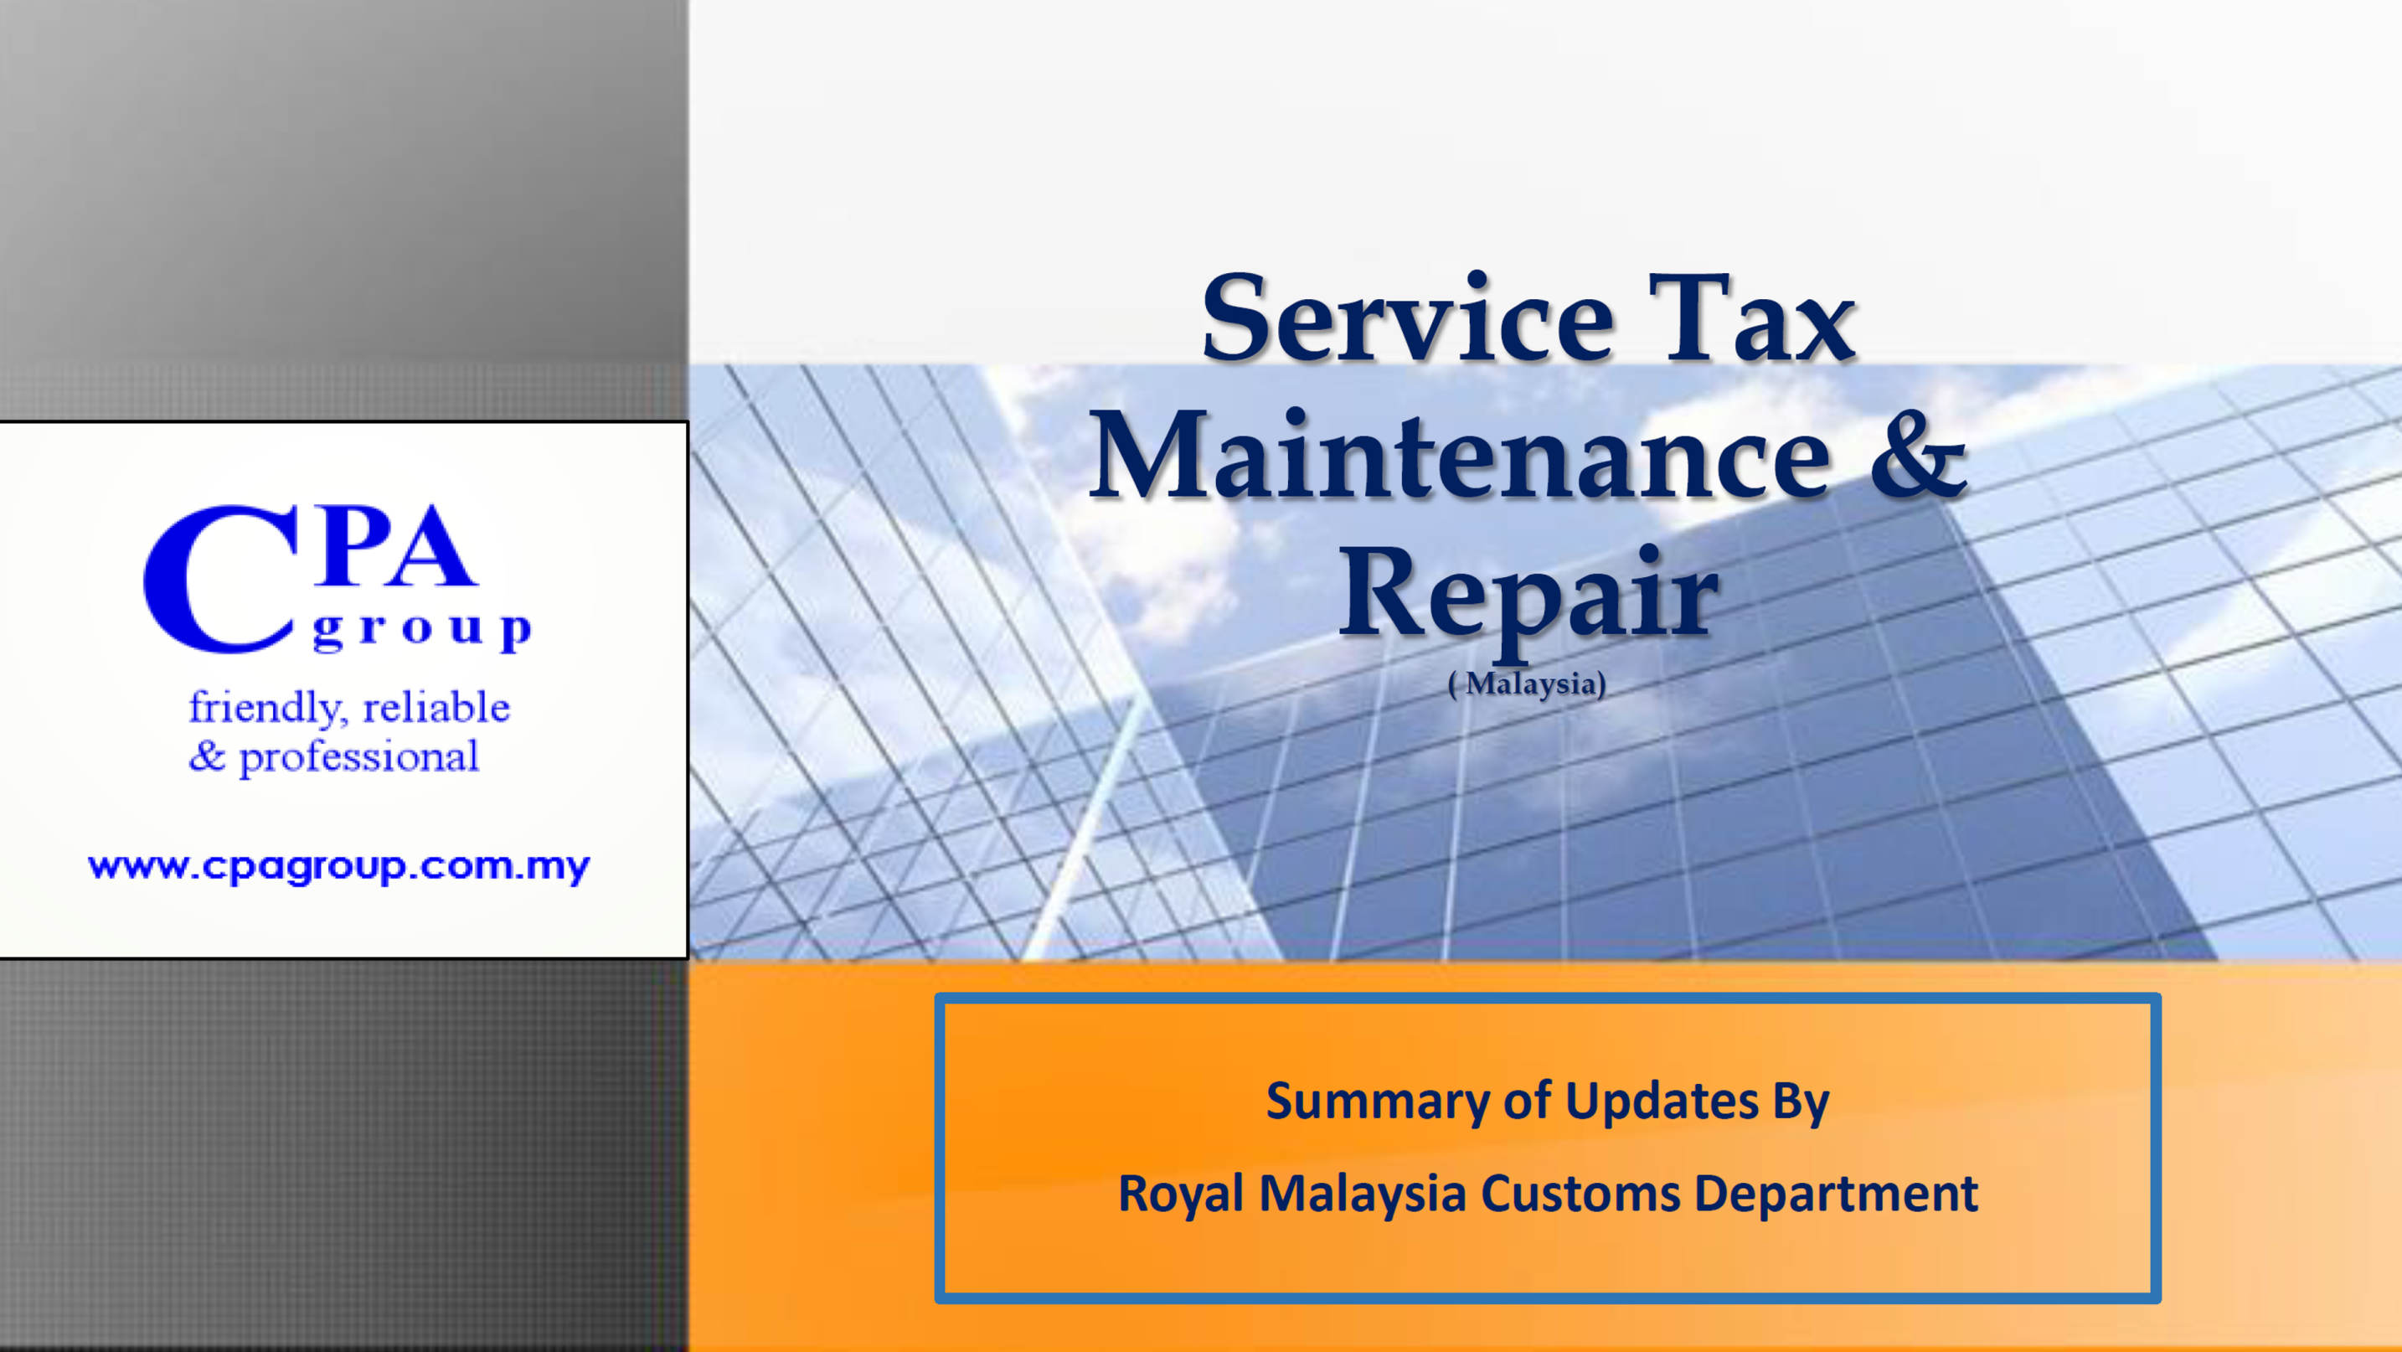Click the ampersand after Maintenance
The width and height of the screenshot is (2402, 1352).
point(1918,454)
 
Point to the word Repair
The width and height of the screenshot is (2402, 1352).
point(1528,596)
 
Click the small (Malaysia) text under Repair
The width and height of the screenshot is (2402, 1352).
point(1527,684)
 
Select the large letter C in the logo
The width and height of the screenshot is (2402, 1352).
point(220,579)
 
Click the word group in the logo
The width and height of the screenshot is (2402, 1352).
point(422,632)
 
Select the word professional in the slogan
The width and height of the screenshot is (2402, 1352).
point(359,757)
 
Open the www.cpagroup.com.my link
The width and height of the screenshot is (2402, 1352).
point(339,867)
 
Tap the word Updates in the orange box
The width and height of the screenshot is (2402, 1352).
point(1662,1102)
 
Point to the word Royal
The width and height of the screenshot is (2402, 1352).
point(1181,1195)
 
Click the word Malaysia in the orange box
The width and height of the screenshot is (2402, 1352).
point(1363,1195)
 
